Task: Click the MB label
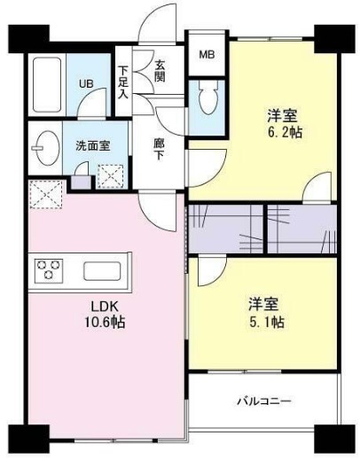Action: [206, 55]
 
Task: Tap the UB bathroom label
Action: [87, 83]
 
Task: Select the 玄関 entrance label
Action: [161, 71]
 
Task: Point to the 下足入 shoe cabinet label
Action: [123, 82]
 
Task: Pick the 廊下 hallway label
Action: [159, 147]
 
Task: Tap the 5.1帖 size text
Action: [265, 320]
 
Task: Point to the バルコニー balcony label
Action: [263, 401]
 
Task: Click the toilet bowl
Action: [209, 102]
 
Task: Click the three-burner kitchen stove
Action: [49, 269]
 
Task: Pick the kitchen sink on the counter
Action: [106, 270]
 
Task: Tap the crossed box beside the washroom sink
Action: [112, 174]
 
